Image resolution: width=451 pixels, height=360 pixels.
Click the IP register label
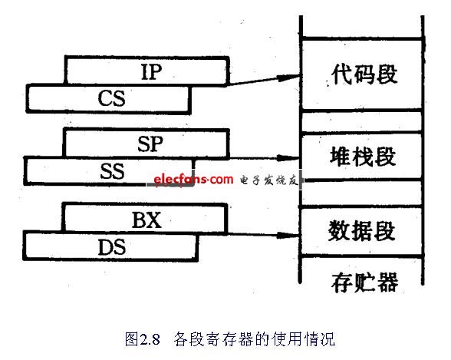tap(151, 71)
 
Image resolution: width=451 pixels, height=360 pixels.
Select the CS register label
tap(112, 98)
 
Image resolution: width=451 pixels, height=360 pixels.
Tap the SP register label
tap(150, 144)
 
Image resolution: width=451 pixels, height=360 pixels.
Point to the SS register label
tap(112, 171)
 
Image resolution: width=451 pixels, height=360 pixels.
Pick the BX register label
tap(146, 220)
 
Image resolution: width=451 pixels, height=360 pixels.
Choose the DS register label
tap(112, 247)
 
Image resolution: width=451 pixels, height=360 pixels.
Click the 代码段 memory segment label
tap(364, 74)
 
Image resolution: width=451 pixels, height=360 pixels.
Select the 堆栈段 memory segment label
tap(363, 157)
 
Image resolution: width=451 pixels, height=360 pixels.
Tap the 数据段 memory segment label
tap(361, 230)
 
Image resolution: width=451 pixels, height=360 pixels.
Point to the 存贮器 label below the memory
tap(365, 282)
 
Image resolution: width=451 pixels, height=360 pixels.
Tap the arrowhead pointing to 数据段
tap(288, 236)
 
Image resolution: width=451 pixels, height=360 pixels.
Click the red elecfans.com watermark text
tap(193, 180)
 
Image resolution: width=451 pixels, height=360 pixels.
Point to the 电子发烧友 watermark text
tap(268, 180)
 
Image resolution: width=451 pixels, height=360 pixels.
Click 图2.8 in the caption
tap(143, 339)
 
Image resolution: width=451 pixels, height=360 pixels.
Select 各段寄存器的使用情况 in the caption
tap(255, 339)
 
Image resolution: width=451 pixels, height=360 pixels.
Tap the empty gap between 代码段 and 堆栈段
tap(361, 122)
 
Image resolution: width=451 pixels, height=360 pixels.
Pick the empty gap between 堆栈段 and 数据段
tap(361, 193)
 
